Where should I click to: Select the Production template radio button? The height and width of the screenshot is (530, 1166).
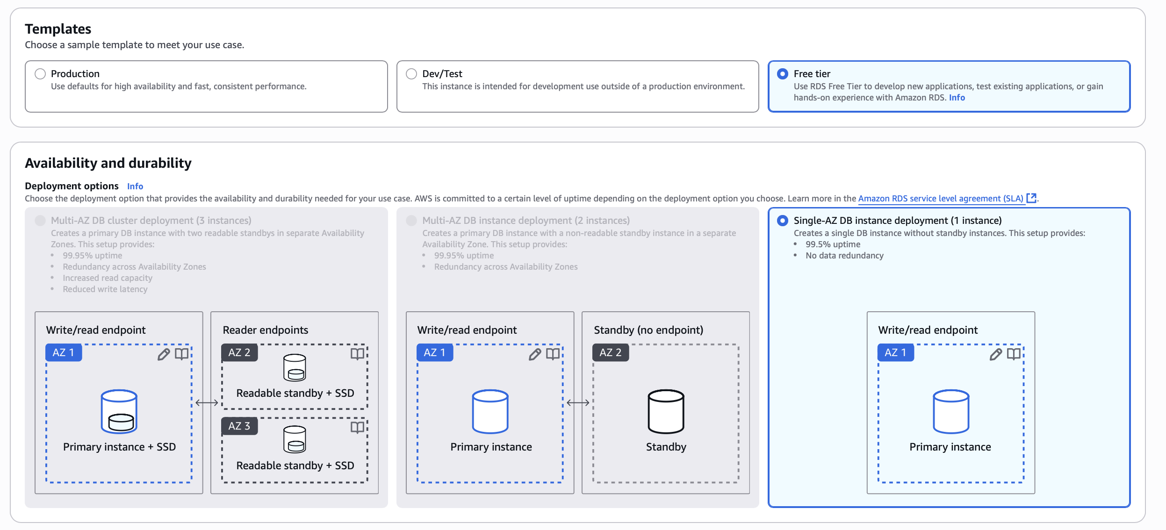click(40, 74)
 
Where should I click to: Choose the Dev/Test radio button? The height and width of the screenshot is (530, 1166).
click(411, 74)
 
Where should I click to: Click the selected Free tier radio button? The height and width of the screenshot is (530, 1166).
click(782, 74)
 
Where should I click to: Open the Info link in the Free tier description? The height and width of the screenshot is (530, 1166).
click(957, 98)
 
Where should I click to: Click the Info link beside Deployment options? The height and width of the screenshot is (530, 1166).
click(135, 186)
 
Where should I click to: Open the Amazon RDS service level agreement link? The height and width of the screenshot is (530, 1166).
click(941, 199)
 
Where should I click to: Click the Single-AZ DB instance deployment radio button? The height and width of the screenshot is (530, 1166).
click(782, 221)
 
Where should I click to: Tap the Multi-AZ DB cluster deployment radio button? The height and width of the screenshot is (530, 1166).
click(40, 221)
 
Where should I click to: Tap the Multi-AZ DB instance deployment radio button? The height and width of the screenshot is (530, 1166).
click(411, 221)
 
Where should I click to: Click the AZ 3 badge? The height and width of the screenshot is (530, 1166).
click(239, 426)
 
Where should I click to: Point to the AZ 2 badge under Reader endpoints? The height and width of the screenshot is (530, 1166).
click(239, 352)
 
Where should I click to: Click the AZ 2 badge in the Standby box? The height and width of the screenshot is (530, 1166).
click(610, 352)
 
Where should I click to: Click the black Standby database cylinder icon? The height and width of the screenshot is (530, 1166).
click(666, 411)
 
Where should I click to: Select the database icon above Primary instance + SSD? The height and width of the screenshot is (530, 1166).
click(119, 411)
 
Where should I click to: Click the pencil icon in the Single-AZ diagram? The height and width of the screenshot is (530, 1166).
click(995, 354)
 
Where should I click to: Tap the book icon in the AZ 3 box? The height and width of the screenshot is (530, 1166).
click(357, 427)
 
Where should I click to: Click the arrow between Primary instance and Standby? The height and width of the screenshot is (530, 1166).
click(578, 403)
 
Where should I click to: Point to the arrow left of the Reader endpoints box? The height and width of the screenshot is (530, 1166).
click(207, 403)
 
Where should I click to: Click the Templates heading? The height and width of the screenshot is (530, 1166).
click(58, 29)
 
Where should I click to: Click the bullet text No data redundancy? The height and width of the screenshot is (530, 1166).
click(844, 256)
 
